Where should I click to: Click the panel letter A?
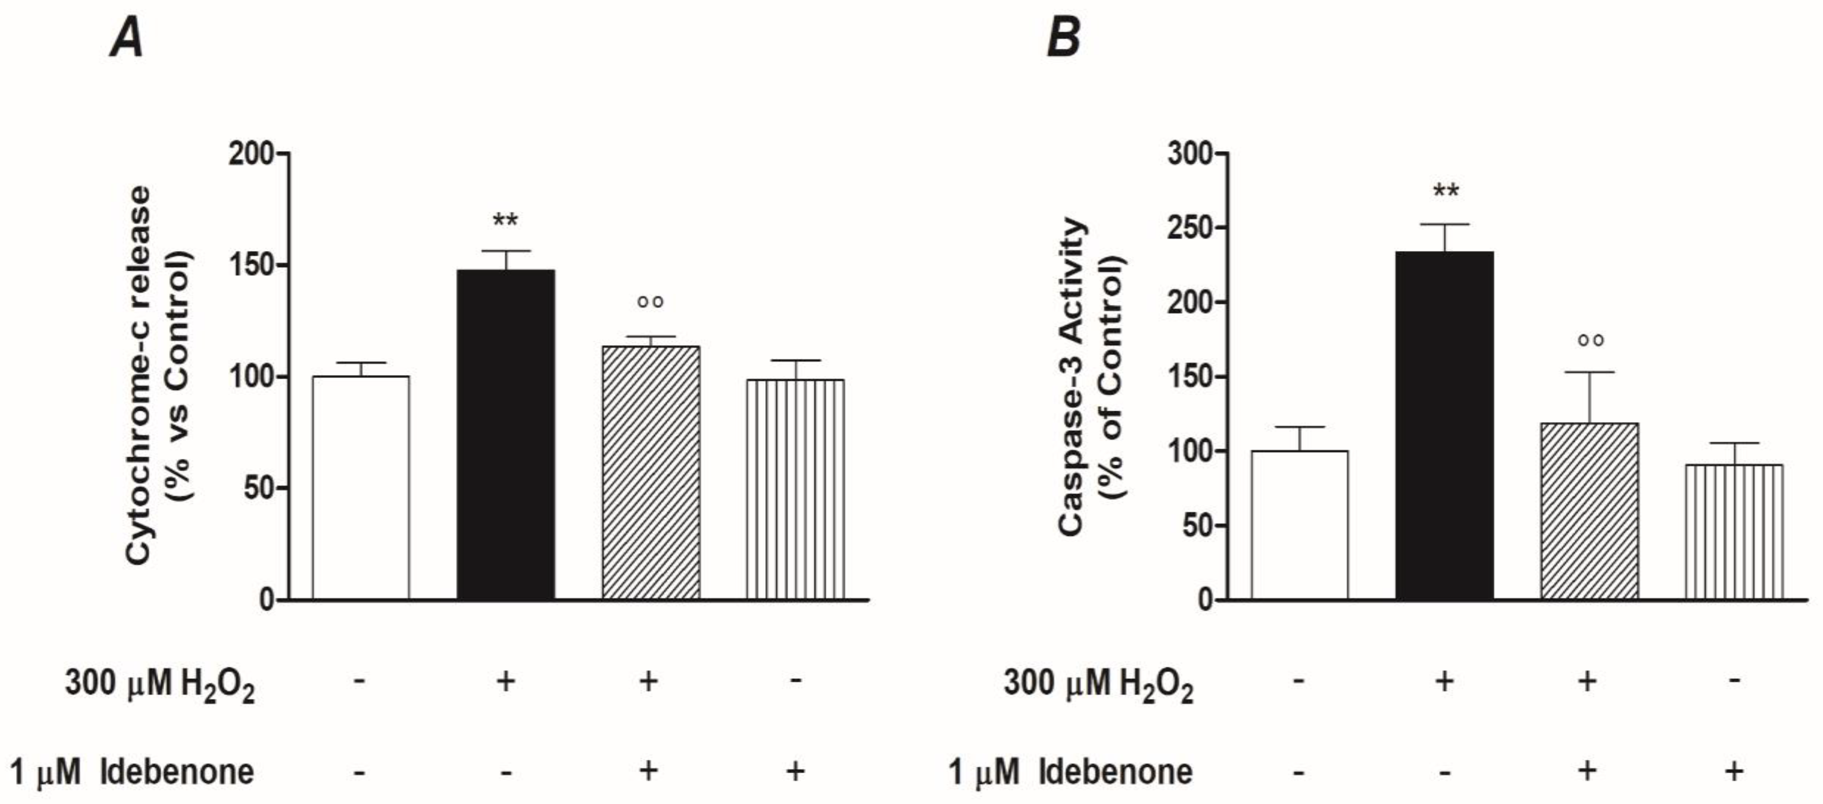(127, 39)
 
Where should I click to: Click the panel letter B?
(1064, 39)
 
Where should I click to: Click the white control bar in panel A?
(361, 488)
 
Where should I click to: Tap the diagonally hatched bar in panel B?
(1590, 511)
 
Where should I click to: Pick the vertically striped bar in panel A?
(796, 490)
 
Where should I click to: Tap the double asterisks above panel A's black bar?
(505, 220)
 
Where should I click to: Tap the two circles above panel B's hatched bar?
(1590, 340)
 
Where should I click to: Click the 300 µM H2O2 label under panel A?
(160, 684)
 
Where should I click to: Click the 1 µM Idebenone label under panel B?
(1070, 772)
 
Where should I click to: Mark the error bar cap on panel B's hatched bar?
(1590, 372)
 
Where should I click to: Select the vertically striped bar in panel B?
(1734, 532)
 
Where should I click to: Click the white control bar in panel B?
(1299, 525)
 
